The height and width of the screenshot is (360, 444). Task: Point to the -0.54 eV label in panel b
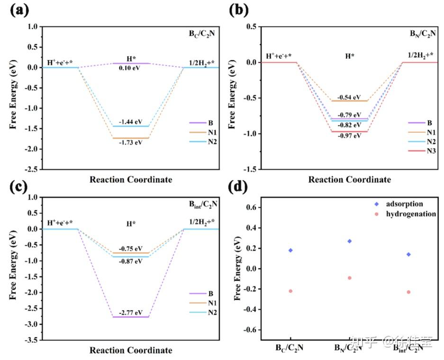pyautogui.click(x=349, y=96)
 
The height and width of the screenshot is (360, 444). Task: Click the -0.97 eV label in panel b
pyautogui.click(x=349, y=136)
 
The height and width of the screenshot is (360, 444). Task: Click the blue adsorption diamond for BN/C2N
pyautogui.click(x=350, y=241)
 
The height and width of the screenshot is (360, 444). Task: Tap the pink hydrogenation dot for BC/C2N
pyautogui.click(x=290, y=291)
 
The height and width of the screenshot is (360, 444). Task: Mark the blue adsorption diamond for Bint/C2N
pyautogui.click(x=408, y=254)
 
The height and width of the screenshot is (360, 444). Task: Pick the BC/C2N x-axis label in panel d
pyautogui.click(x=290, y=348)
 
